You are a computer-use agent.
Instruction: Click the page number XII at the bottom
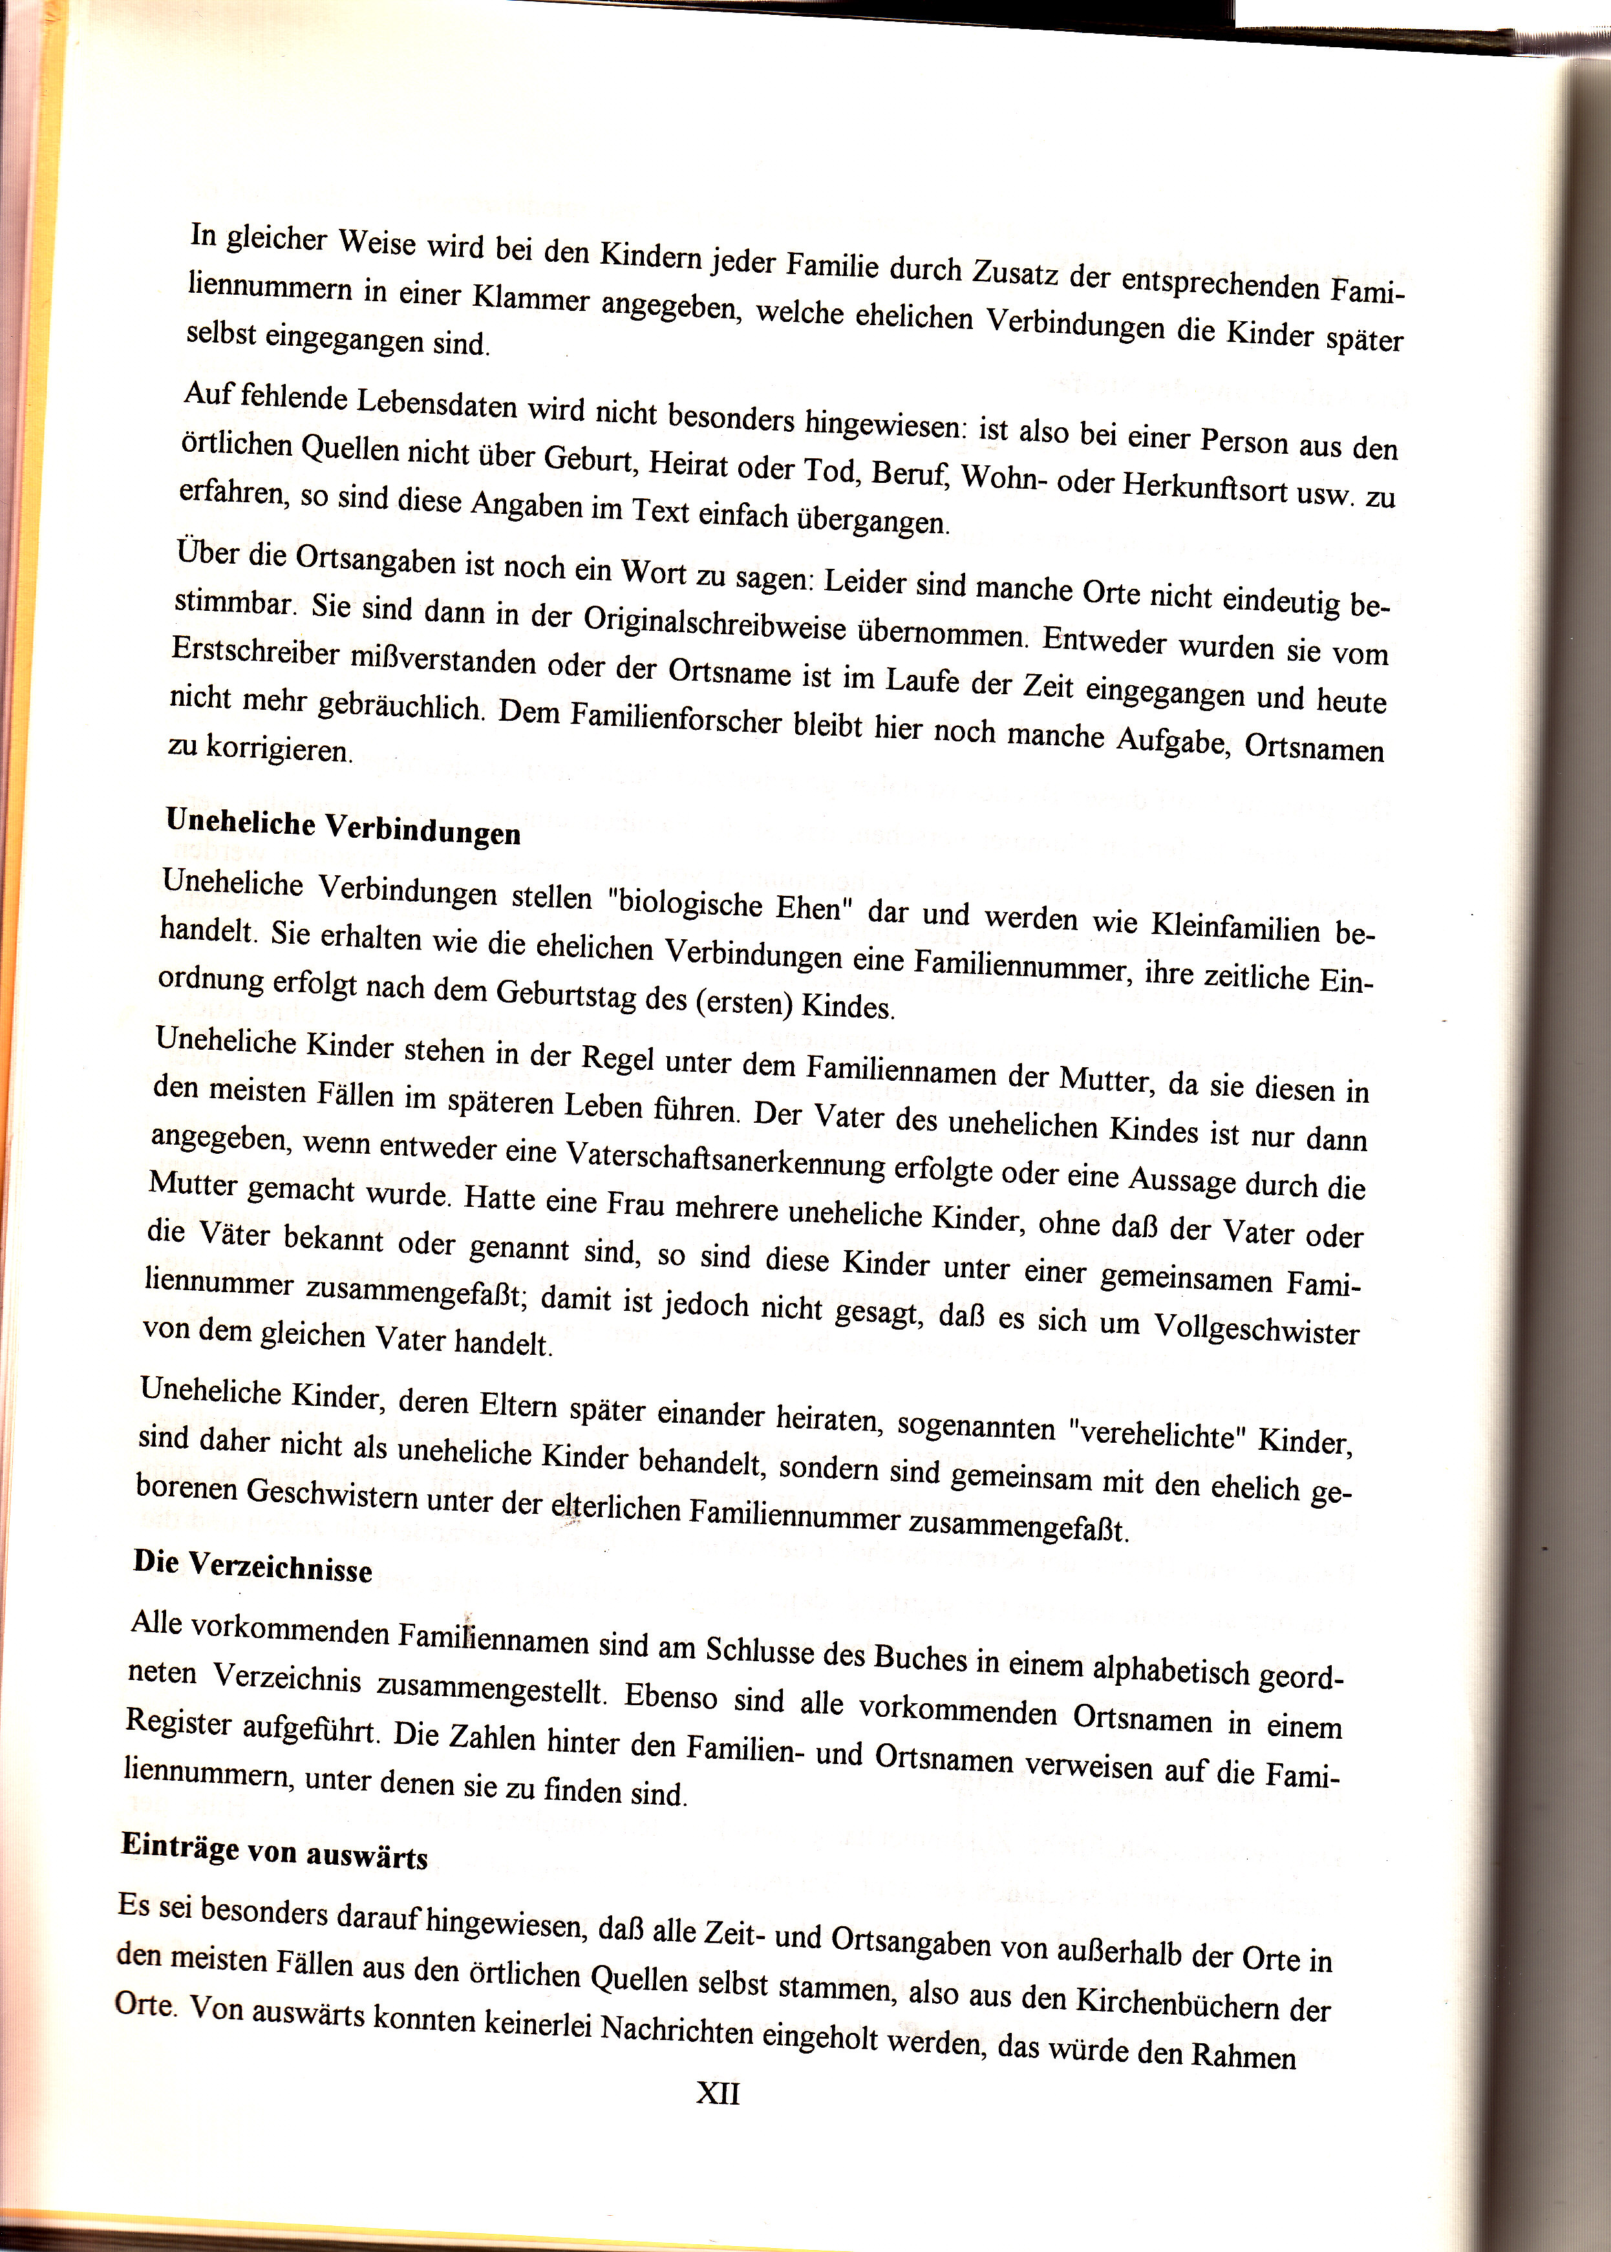point(717,2094)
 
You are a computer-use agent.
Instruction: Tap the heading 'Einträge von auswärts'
point(274,1851)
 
